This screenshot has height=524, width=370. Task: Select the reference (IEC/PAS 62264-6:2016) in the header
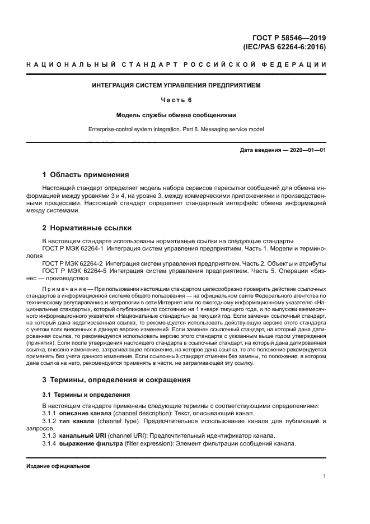click(285, 47)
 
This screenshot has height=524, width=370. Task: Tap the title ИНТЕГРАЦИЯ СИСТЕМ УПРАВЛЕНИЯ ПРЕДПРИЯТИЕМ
click(176, 86)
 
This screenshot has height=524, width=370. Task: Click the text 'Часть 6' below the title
click(176, 100)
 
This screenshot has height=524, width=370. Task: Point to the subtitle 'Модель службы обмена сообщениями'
click(176, 114)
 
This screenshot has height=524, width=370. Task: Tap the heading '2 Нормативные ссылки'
click(87, 228)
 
